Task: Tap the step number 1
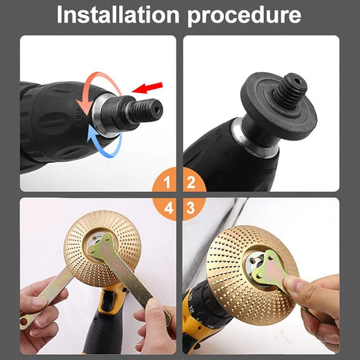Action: point(167,183)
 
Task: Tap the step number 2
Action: point(191,183)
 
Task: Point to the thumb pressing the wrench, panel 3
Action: point(297,285)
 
